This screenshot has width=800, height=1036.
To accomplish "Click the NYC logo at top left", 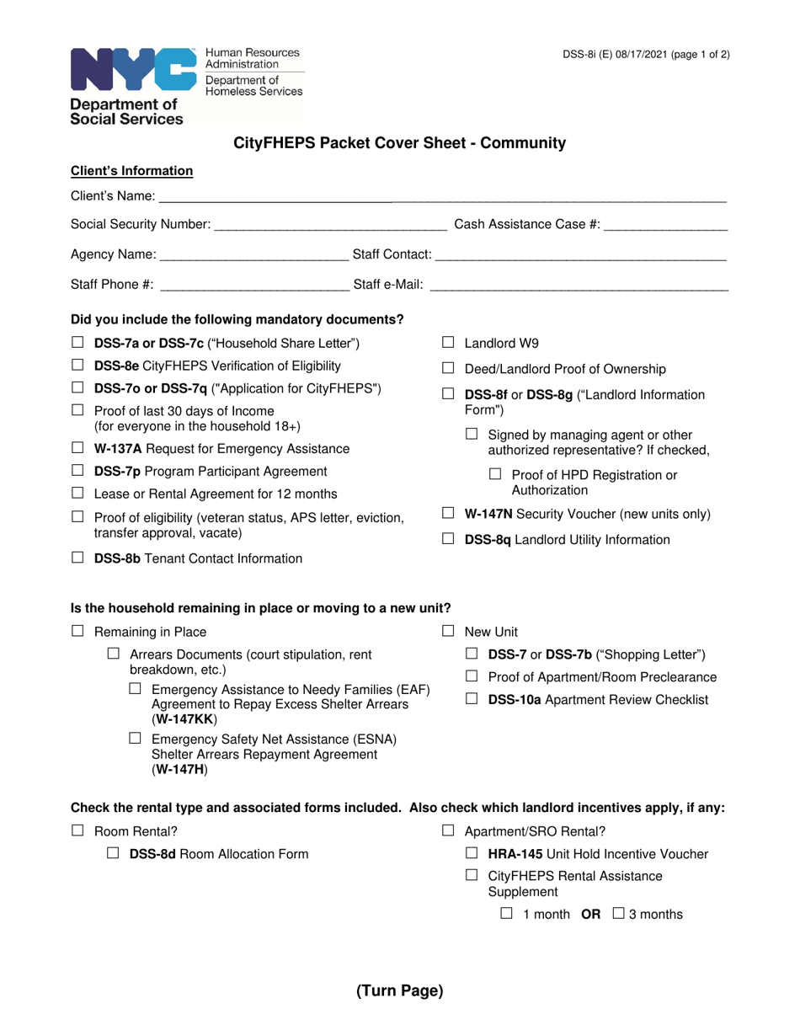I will [133, 70].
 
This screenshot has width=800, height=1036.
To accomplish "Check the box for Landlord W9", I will [449, 343].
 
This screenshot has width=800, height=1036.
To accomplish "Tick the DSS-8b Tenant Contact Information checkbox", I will [77, 558].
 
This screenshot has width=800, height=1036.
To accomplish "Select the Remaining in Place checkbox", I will [77, 631].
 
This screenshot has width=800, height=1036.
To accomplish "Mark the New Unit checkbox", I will [449, 631].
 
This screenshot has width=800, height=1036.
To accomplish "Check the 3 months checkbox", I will [618, 913].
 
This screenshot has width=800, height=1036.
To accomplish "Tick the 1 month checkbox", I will [506, 913].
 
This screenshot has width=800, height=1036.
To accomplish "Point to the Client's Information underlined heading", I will [132, 171].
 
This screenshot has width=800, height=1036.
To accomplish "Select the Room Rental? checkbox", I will [77, 830].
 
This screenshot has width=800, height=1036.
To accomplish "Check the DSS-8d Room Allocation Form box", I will [114, 853].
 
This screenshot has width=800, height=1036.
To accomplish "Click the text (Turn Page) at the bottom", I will [399, 991].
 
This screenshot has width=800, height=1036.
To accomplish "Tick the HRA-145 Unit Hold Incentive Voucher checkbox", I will [472, 853].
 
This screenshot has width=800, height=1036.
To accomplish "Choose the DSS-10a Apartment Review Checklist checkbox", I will [472, 698].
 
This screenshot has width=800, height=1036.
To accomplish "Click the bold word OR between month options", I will [591, 914].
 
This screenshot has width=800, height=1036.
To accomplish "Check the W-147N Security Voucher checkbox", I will [449, 513].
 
